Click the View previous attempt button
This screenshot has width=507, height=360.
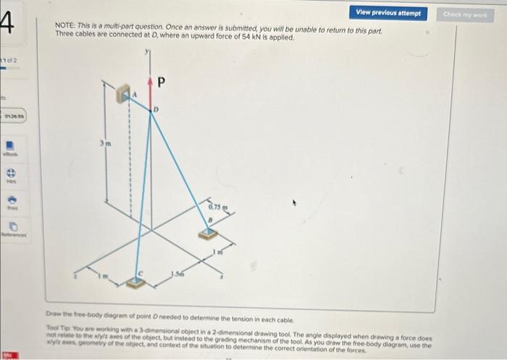tap(388, 13)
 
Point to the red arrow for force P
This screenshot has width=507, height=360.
tap(150, 91)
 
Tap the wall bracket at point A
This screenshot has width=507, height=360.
tap(122, 93)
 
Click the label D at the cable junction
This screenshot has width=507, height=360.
tap(154, 109)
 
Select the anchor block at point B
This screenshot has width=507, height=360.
tap(209, 233)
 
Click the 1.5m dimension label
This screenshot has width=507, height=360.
tap(177, 273)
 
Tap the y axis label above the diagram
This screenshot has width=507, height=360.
tap(147, 51)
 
